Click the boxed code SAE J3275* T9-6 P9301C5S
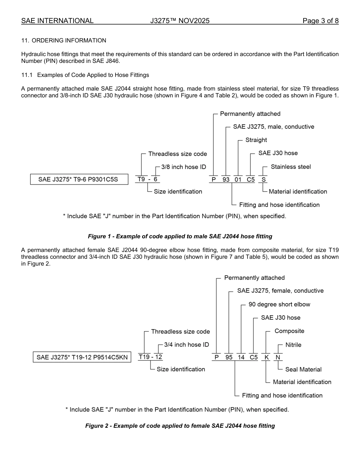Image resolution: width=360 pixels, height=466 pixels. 78,179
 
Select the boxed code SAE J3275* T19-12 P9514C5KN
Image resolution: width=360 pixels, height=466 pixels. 82,357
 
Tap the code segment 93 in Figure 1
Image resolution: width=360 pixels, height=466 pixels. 226,180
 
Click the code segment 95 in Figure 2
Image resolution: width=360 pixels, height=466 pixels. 229,357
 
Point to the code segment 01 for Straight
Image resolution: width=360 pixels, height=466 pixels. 238,180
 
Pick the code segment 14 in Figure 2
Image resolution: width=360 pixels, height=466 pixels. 241,357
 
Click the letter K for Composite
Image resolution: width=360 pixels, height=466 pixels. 266,357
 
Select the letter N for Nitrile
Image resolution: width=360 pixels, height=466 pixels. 278,357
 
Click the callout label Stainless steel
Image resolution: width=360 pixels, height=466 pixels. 291,167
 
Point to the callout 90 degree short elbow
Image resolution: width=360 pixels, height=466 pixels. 279,304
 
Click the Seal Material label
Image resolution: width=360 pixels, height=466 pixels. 303,369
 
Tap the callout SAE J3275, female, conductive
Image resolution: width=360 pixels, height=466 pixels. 280,291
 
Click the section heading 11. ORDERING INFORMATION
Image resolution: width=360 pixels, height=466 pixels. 64,41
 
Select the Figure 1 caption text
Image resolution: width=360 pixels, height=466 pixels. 180,236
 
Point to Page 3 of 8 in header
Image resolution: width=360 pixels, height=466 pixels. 320,21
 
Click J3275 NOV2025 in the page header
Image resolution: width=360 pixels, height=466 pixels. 180,21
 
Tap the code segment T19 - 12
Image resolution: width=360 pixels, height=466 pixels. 151,357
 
